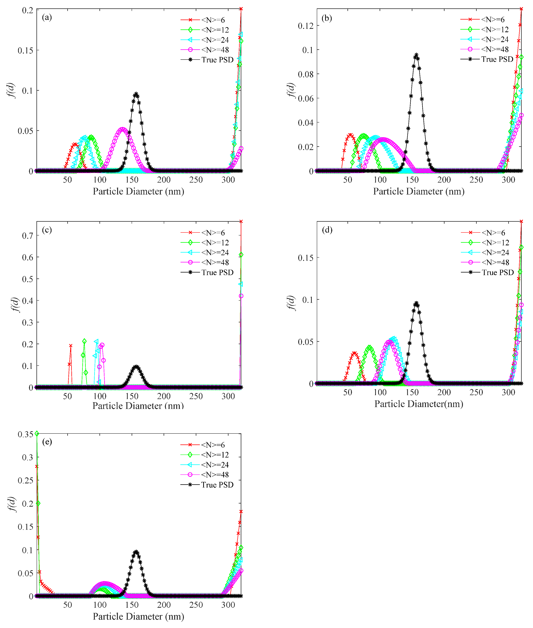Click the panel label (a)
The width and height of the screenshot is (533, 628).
coord(47,17)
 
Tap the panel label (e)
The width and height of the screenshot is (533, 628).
coord(47,442)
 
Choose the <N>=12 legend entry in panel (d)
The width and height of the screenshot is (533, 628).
coord(495,243)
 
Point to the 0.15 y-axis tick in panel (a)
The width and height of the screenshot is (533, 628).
coord(25,50)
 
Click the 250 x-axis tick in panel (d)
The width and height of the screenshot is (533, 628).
coord(476,392)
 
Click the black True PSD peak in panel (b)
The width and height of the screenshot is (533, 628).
coord(416,55)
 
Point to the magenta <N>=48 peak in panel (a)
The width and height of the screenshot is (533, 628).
coord(122,129)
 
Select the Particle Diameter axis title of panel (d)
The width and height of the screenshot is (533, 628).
coord(418,404)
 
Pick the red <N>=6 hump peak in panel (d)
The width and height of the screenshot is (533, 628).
coord(354,353)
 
